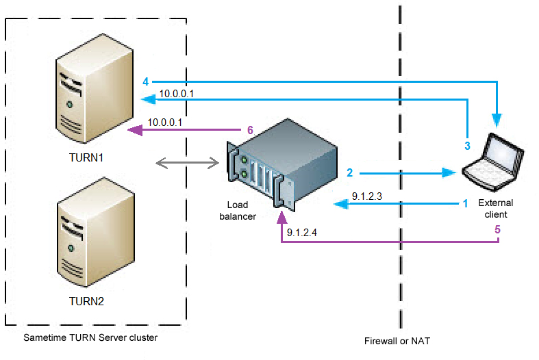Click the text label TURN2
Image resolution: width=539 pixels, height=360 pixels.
[87, 300]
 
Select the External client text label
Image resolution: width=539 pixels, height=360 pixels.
[495, 209]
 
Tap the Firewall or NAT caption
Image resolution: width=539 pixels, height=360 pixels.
[398, 340]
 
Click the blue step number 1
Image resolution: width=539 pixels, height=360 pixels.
[465, 203]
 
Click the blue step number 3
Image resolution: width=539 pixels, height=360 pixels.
[467, 146]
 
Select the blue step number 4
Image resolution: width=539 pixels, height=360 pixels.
[145, 81]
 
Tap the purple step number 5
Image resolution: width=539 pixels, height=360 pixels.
[498, 230]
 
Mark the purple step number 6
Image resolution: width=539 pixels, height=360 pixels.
[250, 129]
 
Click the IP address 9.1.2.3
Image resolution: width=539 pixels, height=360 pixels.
[366, 196]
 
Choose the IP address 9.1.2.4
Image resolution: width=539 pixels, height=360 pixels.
[302, 233]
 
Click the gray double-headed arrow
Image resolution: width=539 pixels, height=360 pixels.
[187, 162]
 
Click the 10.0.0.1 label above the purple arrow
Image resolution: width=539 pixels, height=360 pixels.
[165, 122]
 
